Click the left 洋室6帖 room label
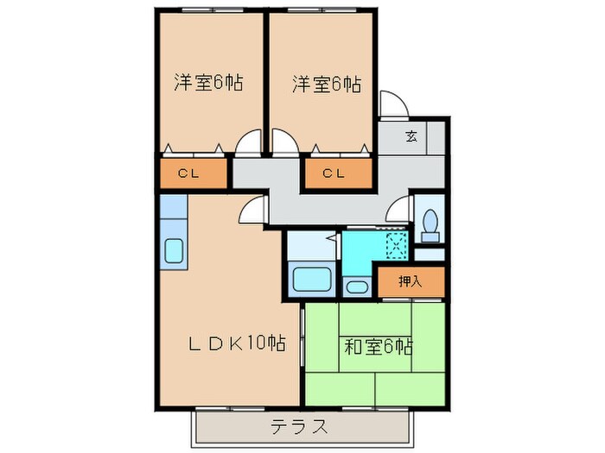pos(207,84)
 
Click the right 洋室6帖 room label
pos(326,84)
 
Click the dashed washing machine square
pos(396,244)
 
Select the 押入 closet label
pos(410,281)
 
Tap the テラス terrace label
pos(299,425)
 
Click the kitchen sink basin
pos(173,251)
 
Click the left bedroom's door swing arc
pos(249,141)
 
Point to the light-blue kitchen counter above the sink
pos(173,208)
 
